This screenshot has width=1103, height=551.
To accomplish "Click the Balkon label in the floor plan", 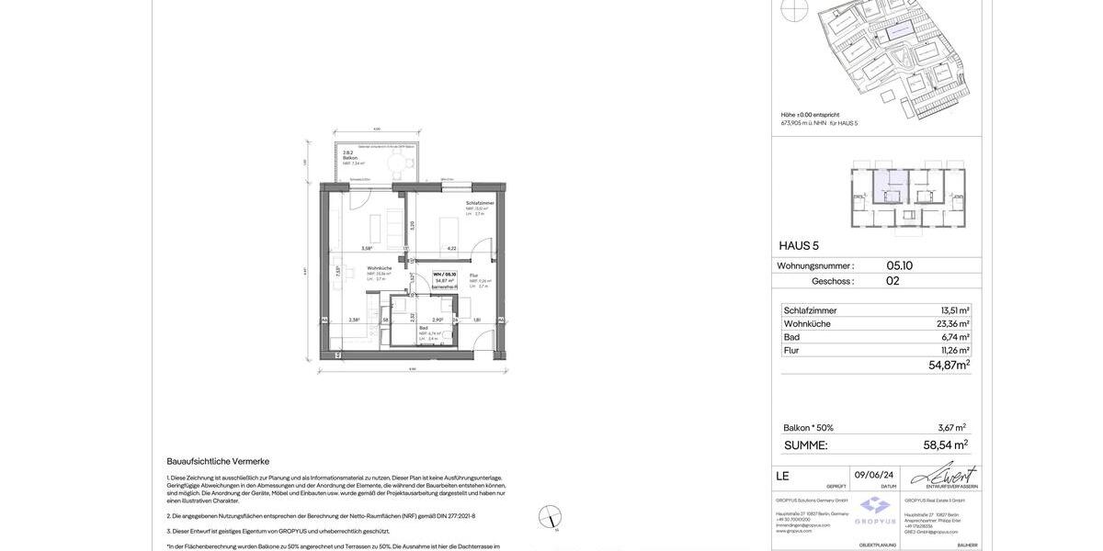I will [350, 158].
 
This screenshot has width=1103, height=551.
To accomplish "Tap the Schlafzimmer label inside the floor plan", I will [480, 203].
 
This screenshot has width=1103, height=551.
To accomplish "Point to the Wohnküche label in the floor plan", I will [380, 268].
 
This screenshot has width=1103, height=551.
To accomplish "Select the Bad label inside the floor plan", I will [424, 328].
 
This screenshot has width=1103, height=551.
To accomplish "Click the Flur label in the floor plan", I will [474, 275].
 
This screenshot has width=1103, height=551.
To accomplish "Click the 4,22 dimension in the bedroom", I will [451, 248].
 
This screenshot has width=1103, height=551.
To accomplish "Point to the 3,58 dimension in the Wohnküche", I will [367, 248].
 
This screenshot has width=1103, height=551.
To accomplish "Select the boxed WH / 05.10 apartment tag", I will [445, 279].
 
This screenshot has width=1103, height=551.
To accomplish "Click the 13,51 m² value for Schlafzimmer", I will [954, 310].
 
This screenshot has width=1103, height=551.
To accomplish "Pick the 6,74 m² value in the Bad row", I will [955, 337].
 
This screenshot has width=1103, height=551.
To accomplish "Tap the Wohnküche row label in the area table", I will [807, 324].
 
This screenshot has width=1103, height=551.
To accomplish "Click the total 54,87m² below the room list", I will [949, 365].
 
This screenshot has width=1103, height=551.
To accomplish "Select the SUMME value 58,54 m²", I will [945, 444].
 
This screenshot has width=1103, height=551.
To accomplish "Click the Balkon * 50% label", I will [808, 428].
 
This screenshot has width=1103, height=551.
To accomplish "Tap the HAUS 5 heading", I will [799, 245].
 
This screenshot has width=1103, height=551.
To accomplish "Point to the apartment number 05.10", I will [899, 265].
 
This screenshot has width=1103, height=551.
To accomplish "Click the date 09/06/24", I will [874, 475].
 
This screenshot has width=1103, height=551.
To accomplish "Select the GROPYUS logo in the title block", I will [875, 510].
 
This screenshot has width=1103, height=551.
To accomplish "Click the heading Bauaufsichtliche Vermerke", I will [218, 461].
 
